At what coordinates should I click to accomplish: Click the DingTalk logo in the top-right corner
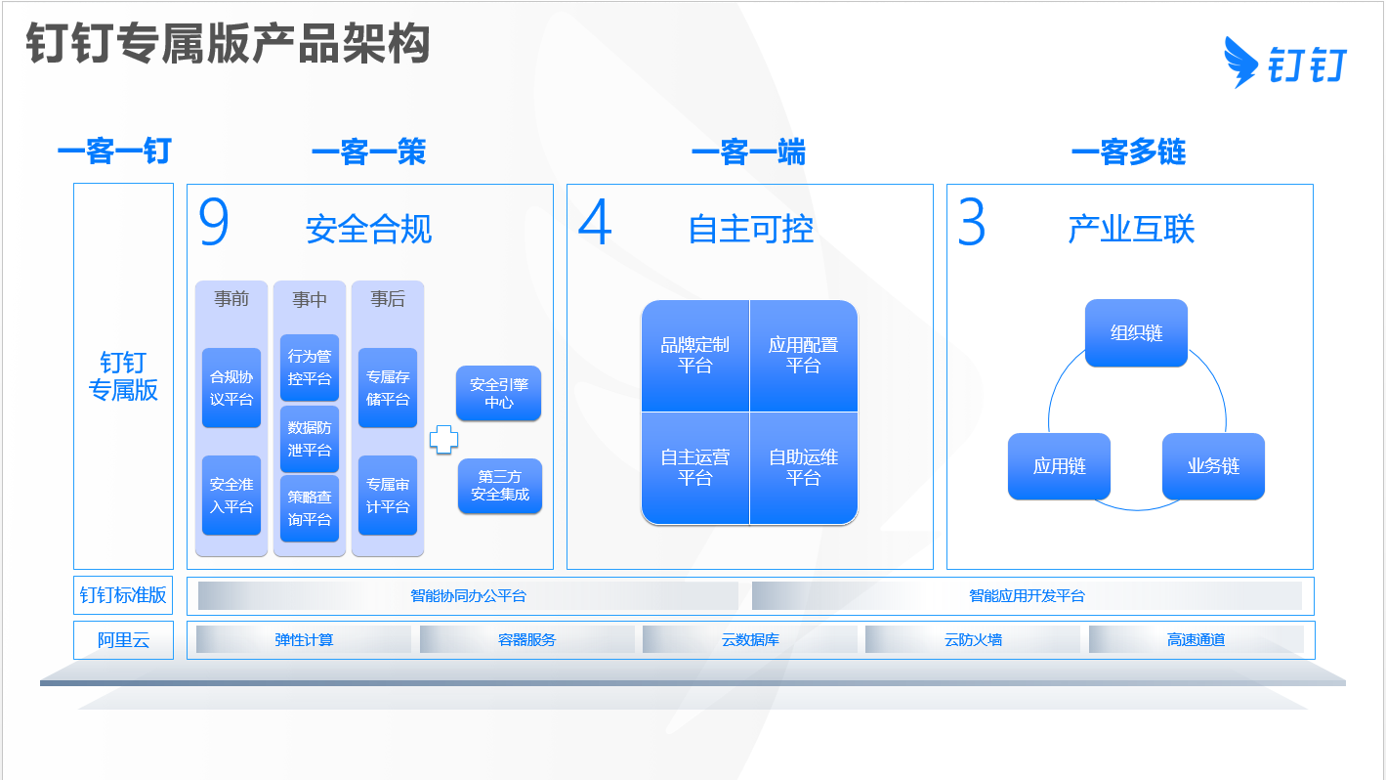1285,63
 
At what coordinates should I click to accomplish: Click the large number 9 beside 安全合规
214,222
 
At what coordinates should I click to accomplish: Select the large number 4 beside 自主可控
595,222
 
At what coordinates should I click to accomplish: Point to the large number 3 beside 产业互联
972,222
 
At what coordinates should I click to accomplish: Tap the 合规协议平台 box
231,387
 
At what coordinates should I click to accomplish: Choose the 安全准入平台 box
231,496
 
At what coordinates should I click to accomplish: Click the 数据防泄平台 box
310,439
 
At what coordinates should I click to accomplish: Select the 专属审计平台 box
388,496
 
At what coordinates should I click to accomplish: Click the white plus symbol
443,440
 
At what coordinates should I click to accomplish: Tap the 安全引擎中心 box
499,393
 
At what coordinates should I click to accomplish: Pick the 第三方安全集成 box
500,486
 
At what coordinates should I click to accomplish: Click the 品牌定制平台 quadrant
695,356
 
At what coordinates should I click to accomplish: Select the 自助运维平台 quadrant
804,468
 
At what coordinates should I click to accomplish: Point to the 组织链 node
1136,333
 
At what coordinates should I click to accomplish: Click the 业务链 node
1213,466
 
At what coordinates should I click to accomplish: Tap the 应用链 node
1060,466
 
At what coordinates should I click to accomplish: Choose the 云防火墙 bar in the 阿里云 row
973,639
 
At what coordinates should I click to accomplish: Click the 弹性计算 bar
304,639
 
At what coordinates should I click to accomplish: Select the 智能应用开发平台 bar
1028,595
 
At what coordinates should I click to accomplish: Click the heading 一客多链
1128,152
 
